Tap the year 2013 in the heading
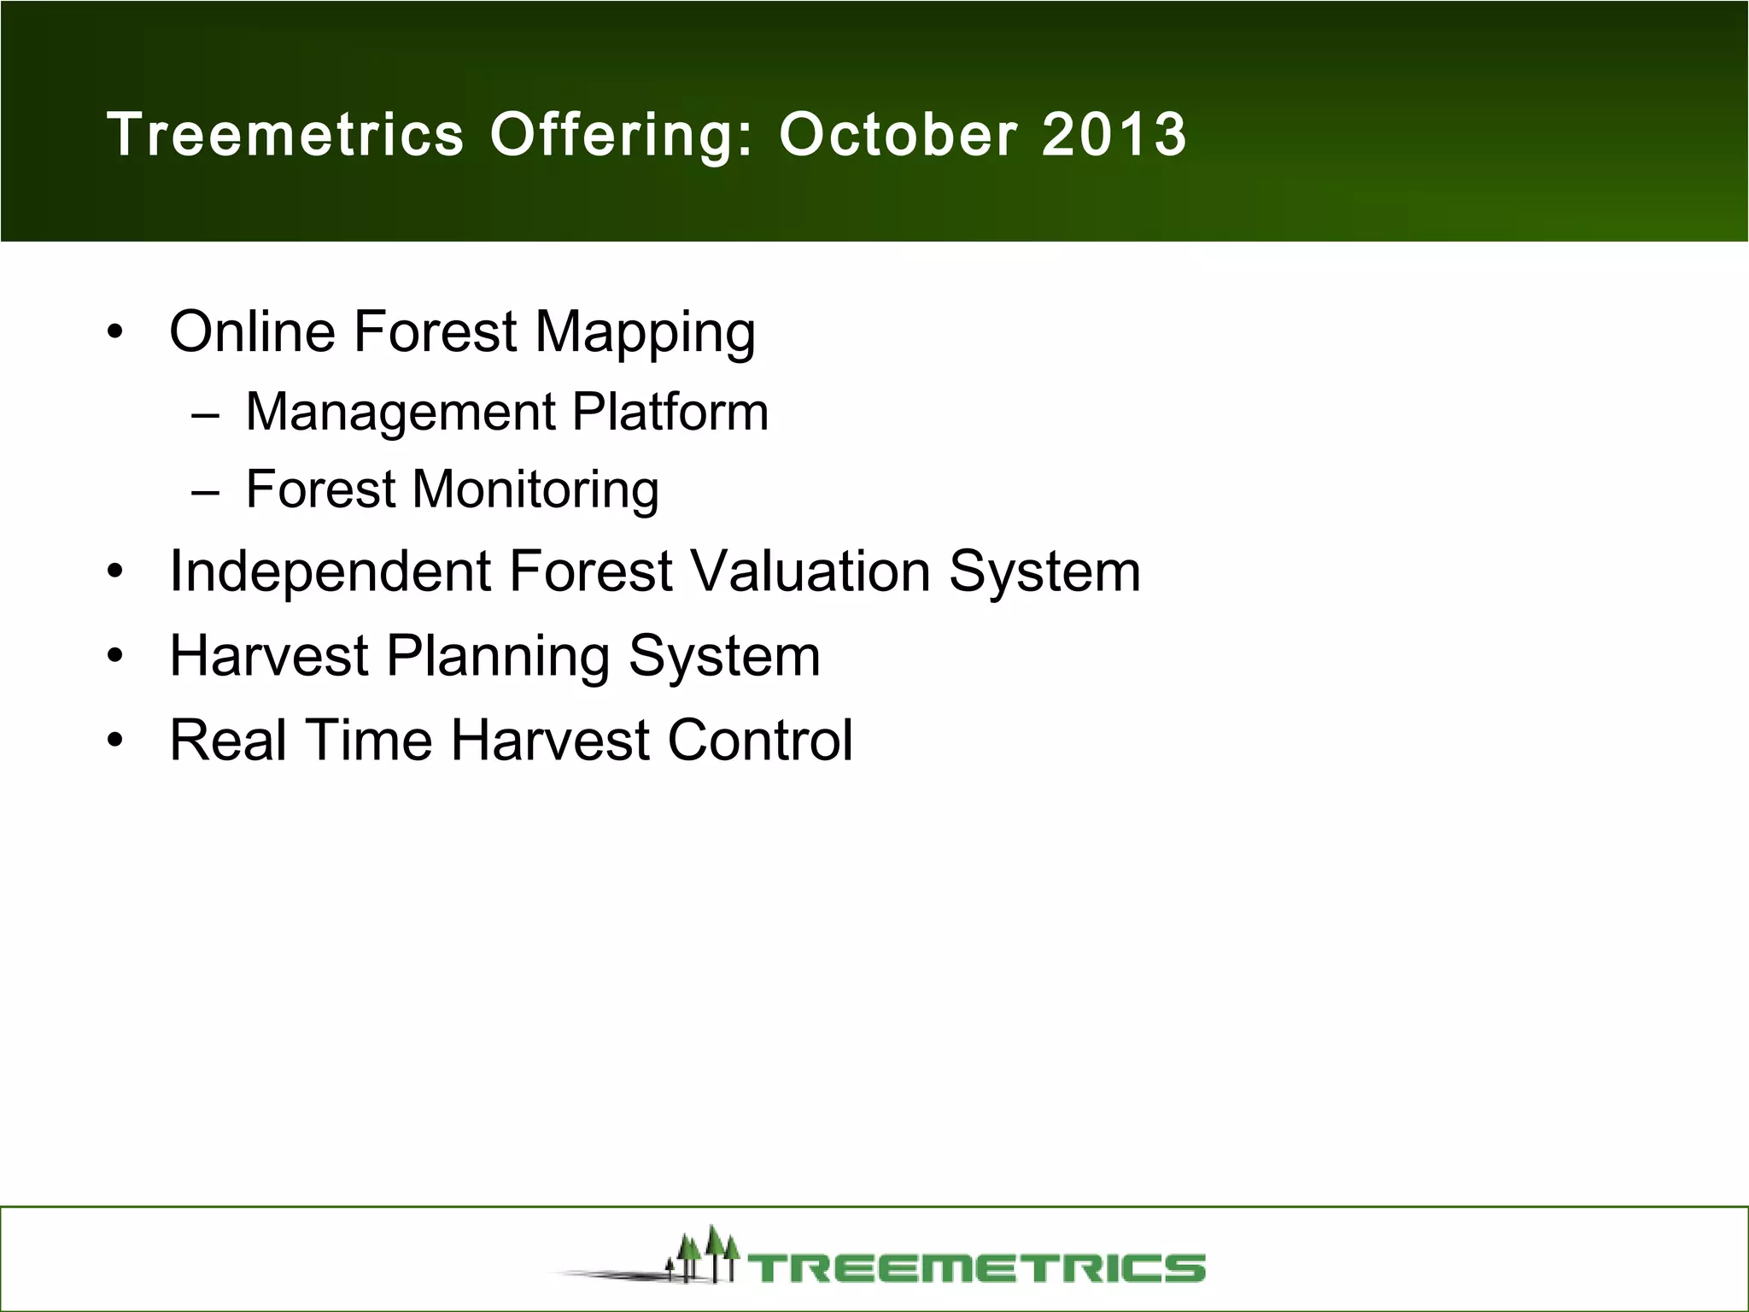(1114, 135)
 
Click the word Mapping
(645, 333)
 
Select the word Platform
(670, 412)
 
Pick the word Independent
(330, 572)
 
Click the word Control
(759, 739)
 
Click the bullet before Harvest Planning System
(116, 656)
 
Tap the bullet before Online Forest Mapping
(116, 331)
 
